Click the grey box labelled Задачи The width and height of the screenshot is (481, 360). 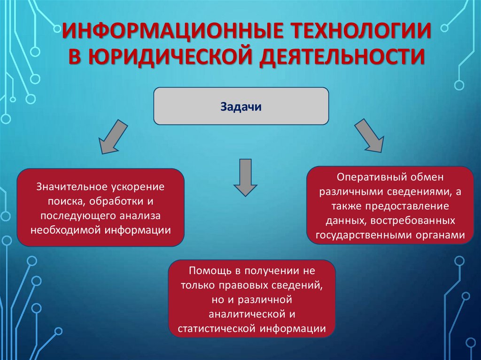(241, 106)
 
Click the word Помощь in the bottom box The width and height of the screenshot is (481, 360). (206, 271)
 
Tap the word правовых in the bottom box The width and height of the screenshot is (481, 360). (254, 285)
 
